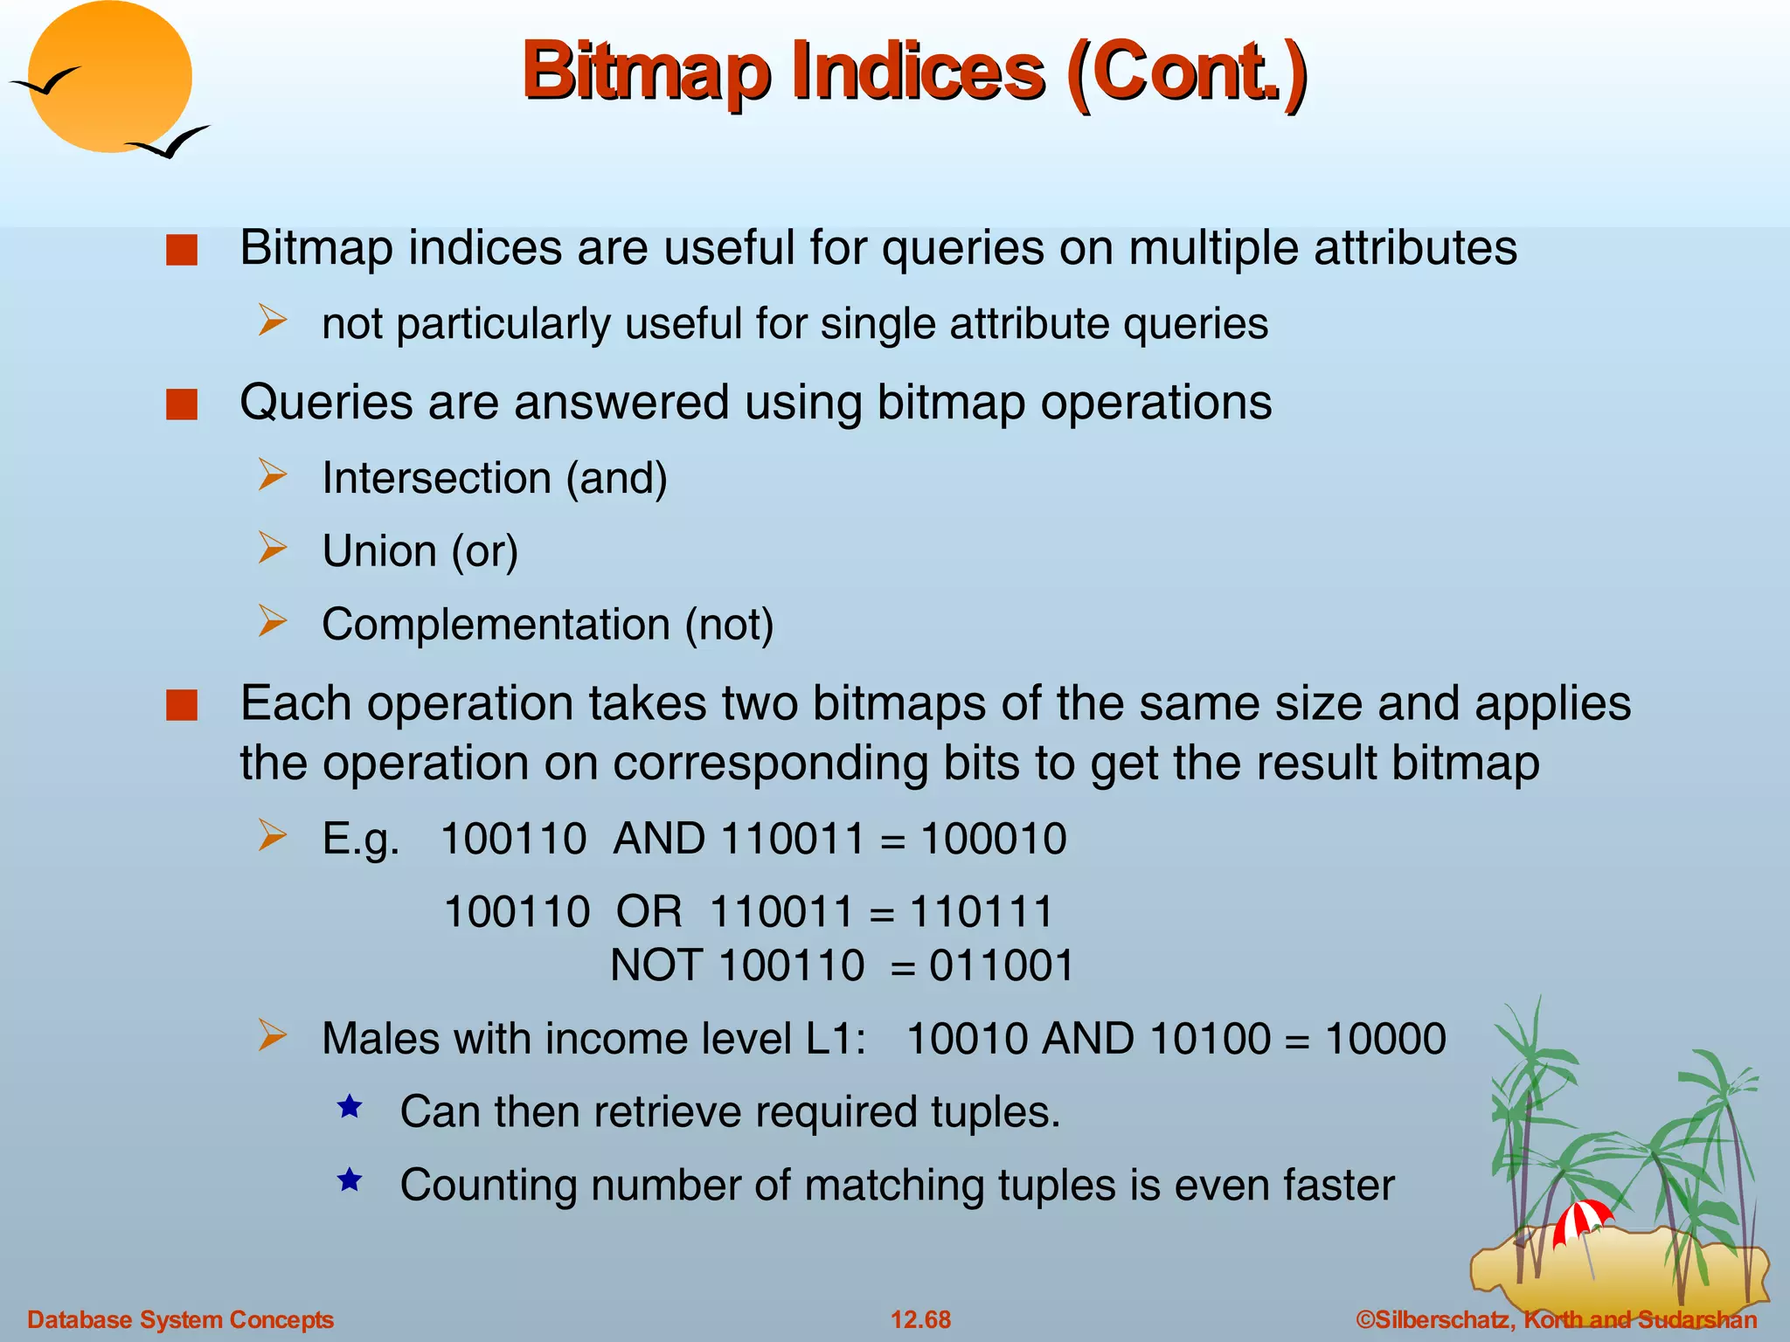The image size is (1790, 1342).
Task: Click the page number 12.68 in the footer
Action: tap(920, 1319)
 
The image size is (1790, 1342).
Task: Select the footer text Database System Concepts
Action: tap(180, 1319)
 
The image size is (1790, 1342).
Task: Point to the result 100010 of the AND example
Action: tap(993, 839)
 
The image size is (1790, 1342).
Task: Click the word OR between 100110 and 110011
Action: tap(649, 912)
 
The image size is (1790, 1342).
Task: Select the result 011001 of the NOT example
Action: tap(1001, 966)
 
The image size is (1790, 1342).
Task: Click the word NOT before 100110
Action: tap(656, 966)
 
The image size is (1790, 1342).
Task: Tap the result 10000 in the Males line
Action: tap(1385, 1040)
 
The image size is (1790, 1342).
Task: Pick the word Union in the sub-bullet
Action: tap(379, 552)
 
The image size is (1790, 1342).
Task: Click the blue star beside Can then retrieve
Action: tap(350, 1107)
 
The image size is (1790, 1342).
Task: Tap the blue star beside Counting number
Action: tap(350, 1180)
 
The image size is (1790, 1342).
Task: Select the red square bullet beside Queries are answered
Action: tap(182, 405)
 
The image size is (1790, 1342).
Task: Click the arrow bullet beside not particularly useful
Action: tap(272, 321)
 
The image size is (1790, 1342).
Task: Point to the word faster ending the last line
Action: tap(1338, 1186)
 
